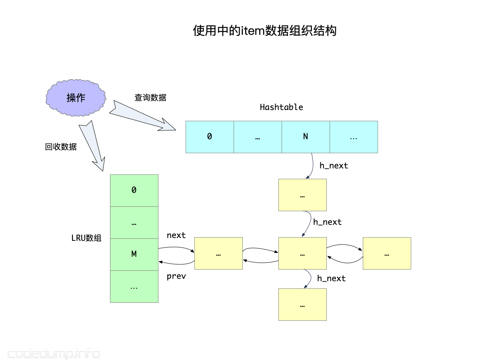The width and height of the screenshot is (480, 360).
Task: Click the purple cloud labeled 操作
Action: pyautogui.click(x=76, y=98)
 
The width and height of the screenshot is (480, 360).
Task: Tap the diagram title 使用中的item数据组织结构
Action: pyautogui.click(x=264, y=31)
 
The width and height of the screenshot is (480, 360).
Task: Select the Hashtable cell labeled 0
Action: pyautogui.click(x=210, y=137)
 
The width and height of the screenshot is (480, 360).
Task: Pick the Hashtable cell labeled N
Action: pyautogui.click(x=306, y=137)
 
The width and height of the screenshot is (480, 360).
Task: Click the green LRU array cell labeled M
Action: pyautogui.click(x=134, y=254)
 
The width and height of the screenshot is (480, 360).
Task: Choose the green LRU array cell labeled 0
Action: pyautogui.click(x=134, y=190)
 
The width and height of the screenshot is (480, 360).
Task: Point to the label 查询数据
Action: pyautogui.click(x=150, y=98)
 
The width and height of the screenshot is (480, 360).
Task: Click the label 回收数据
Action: pyautogui.click(x=61, y=147)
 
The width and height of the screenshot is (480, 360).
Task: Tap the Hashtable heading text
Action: pyautogui.click(x=281, y=107)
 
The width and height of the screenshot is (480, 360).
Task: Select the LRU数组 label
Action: pyautogui.click(x=86, y=238)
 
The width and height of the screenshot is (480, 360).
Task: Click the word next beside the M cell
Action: pyautogui.click(x=176, y=235)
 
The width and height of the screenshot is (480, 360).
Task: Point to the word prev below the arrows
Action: pyautogui.click(x=176, y=276)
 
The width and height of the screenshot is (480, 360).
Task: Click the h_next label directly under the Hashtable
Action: pyautogui.click(x=334, y=166)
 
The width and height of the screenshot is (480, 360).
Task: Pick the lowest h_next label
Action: pyautogui.click(x=331, y=278)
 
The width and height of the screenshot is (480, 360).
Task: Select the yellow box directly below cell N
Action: pyautogui.click(x=302, y=195)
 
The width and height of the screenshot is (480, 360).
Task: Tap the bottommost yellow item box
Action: pyautogui.click(x=302, y=304)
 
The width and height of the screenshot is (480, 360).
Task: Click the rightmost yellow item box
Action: pyautogui.click(x=387, y=253)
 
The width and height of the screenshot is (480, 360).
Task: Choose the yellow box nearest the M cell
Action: pyautogui.click(x=218, y=253)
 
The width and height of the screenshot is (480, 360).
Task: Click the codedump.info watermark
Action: pyautogui.click(x=54, y=354)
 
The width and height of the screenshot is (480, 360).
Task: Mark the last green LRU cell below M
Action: pyautogui.click(x=134, y=286)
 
